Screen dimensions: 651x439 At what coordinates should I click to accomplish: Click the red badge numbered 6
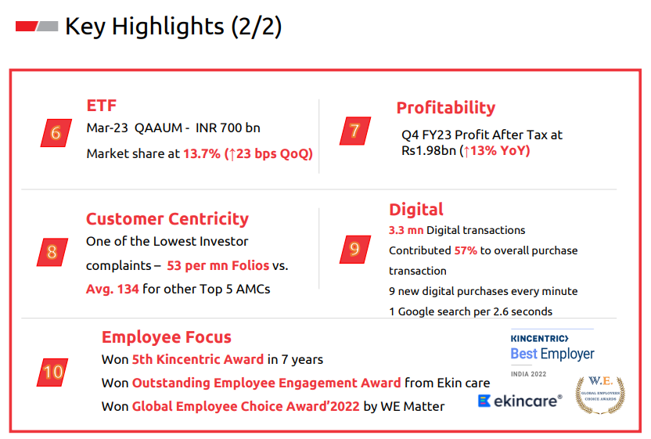pyautogui.click(x=56, y=133)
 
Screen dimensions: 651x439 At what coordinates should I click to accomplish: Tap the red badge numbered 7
pyautogui.click(x=355, y=131)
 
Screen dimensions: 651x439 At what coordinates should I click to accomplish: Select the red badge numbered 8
pyautogui.click(x=52, y=252)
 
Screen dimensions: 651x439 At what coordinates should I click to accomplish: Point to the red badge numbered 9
pyautogui.click(x=355, y=249)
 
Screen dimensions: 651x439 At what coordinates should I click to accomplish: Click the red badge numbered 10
pyautogui.click(x=52, y=372)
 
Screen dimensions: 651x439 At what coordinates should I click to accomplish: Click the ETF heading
pyautogui.click(x=101, y=106)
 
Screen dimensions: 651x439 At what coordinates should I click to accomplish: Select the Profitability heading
pyautogui.click(x=446, y=107)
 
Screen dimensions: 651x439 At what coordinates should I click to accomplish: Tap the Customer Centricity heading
pyautogui.click(x=167, y=219)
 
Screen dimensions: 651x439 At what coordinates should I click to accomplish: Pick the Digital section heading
pyautogui.click(x=416, y=209)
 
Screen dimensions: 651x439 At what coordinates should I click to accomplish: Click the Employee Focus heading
pyautogui.click(x=167, y=336)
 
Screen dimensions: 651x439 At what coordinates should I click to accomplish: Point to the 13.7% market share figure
pyautogui.click(x=202, y=153)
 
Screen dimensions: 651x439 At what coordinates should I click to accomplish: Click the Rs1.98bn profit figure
pyautogui.click(x=429, y=150)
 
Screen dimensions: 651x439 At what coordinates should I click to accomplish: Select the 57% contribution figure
pyautogui.click(x=466, y=250)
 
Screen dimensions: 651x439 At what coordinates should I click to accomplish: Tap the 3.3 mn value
pyautogui.click(x=406, y=230)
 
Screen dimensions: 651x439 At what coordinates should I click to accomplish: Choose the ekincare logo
pyautogui.click(x=520, y=401)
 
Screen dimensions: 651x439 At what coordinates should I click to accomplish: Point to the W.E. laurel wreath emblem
pyautogui.click(x=600, y=395)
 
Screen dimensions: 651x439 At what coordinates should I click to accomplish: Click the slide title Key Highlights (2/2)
pyautogui.click(x=173, y=27)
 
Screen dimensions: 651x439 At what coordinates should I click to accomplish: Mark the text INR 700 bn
pyautogui.click(x=228, y=128)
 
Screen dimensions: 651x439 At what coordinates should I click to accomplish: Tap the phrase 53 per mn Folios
pyautogui.click(x=218, y=265)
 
